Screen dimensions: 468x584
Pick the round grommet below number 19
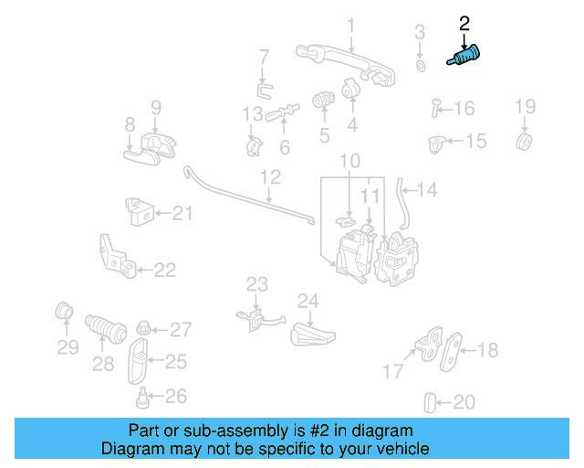coord(525,142)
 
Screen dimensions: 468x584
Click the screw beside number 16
coord(435,109)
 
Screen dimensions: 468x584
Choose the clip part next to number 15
coord(437,143)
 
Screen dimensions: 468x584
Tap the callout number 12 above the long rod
coord(270,176)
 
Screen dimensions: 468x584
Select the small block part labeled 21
coord(138,213)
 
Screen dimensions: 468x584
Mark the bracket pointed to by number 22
coord(119,258)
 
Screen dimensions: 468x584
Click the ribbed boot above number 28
coord(102,327)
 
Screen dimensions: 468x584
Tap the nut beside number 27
coord(143,328)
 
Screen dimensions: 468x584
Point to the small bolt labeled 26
coord(142,398)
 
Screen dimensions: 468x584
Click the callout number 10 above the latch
coord(350,163)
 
